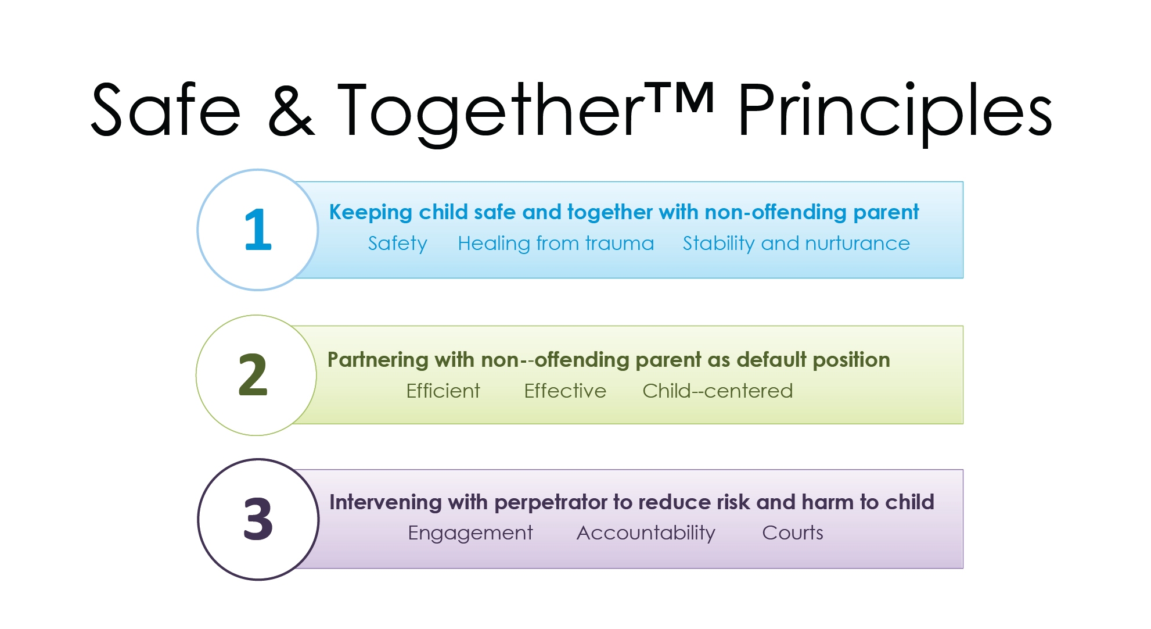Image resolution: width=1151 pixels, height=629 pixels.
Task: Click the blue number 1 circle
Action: pos(258,230)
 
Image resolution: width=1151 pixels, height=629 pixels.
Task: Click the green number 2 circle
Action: pos(256,375)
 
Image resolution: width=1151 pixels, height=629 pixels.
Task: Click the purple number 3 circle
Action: pos(258,519)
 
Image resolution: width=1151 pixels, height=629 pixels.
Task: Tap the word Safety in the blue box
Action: pos(397,244)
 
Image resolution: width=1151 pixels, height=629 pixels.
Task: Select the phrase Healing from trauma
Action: pos(556,243)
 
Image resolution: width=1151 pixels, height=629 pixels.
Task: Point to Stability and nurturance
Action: pos(796,243)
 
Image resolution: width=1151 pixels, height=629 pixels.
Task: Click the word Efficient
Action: pos(443,391)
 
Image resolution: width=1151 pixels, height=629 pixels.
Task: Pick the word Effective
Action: pos(565,391)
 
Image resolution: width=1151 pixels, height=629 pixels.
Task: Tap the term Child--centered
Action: pos(717,391)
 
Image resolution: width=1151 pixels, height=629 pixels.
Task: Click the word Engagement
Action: pos(470,533)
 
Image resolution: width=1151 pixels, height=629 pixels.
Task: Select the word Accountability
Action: pos(646,533)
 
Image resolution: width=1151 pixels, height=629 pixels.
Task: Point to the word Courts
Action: pos(793,532)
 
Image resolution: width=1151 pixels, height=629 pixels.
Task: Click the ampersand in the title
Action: pos(292,110)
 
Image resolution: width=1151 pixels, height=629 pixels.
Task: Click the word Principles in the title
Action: pos(895,114)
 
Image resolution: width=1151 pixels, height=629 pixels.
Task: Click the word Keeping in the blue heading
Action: pos(371,213)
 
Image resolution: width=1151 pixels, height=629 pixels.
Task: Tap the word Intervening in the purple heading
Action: pos(385,503)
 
